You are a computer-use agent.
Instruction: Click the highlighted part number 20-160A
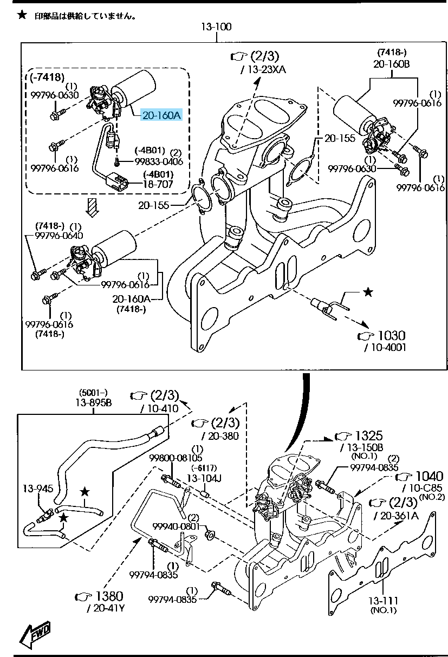pos(162,115)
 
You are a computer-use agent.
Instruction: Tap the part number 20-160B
pos(391,63)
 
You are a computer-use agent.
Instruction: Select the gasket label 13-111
pos(384,600)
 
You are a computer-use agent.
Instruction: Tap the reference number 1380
pos(109,596)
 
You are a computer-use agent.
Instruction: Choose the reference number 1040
pos(428,476)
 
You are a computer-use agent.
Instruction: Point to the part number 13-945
pos(37,489)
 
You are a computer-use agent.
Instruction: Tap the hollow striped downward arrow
pos(93,206)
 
